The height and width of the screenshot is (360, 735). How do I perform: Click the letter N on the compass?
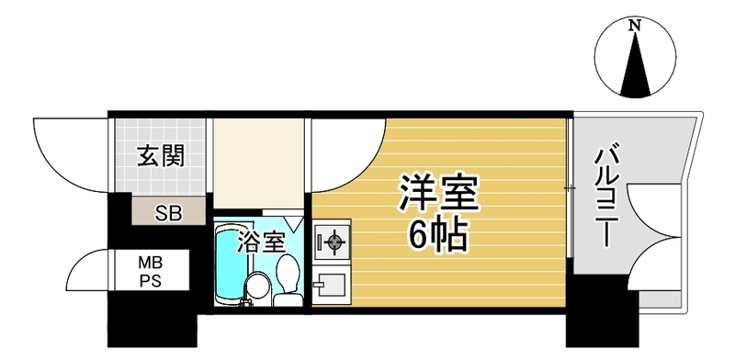[635, 27]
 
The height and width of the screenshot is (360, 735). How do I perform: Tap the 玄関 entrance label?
[160, 156]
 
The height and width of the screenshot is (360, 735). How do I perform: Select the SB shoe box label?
[169, 214]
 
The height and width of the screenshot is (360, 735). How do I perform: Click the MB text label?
[150, 264]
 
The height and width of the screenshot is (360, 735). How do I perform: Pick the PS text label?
[150, 281]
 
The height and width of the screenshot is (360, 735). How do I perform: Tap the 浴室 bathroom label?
[261, 242]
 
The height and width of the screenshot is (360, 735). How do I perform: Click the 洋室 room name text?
[438, 194]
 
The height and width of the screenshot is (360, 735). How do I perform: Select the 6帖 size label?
[438, 234]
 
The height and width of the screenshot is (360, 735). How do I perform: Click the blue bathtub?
[231, 264]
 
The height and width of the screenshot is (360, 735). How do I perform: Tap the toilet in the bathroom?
[288, 280]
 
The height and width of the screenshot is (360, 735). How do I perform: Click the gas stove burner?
[334, 242]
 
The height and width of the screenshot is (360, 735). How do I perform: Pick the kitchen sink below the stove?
[331, 284]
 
